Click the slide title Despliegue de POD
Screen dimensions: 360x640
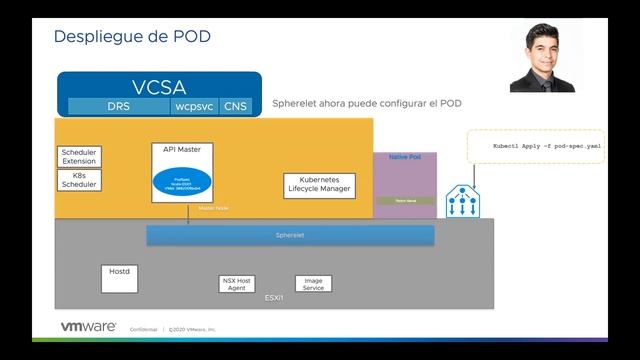131,37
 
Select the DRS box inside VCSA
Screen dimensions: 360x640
118,104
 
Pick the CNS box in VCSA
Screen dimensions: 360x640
236,104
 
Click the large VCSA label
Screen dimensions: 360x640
159,86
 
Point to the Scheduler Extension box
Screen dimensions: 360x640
80,157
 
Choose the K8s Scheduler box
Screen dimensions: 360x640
80,180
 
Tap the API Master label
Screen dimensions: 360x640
181,150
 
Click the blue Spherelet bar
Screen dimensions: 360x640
290,235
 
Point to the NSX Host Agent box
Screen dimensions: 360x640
238,283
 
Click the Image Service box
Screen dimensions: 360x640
312,283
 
